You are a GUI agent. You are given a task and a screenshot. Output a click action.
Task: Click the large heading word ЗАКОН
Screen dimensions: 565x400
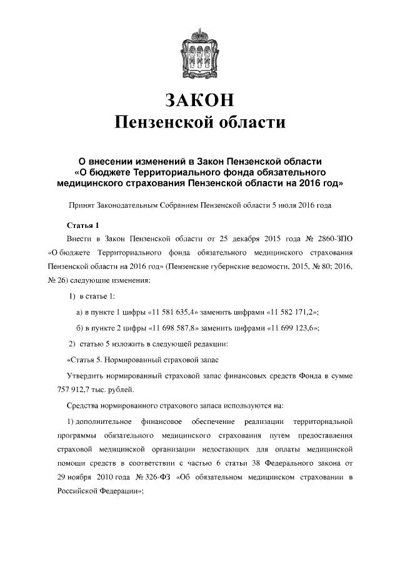(200, 101)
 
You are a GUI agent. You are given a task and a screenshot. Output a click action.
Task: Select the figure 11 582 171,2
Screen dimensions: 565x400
(294, 311)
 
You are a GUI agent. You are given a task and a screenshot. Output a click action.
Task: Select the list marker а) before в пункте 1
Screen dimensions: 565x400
(79, 311)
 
